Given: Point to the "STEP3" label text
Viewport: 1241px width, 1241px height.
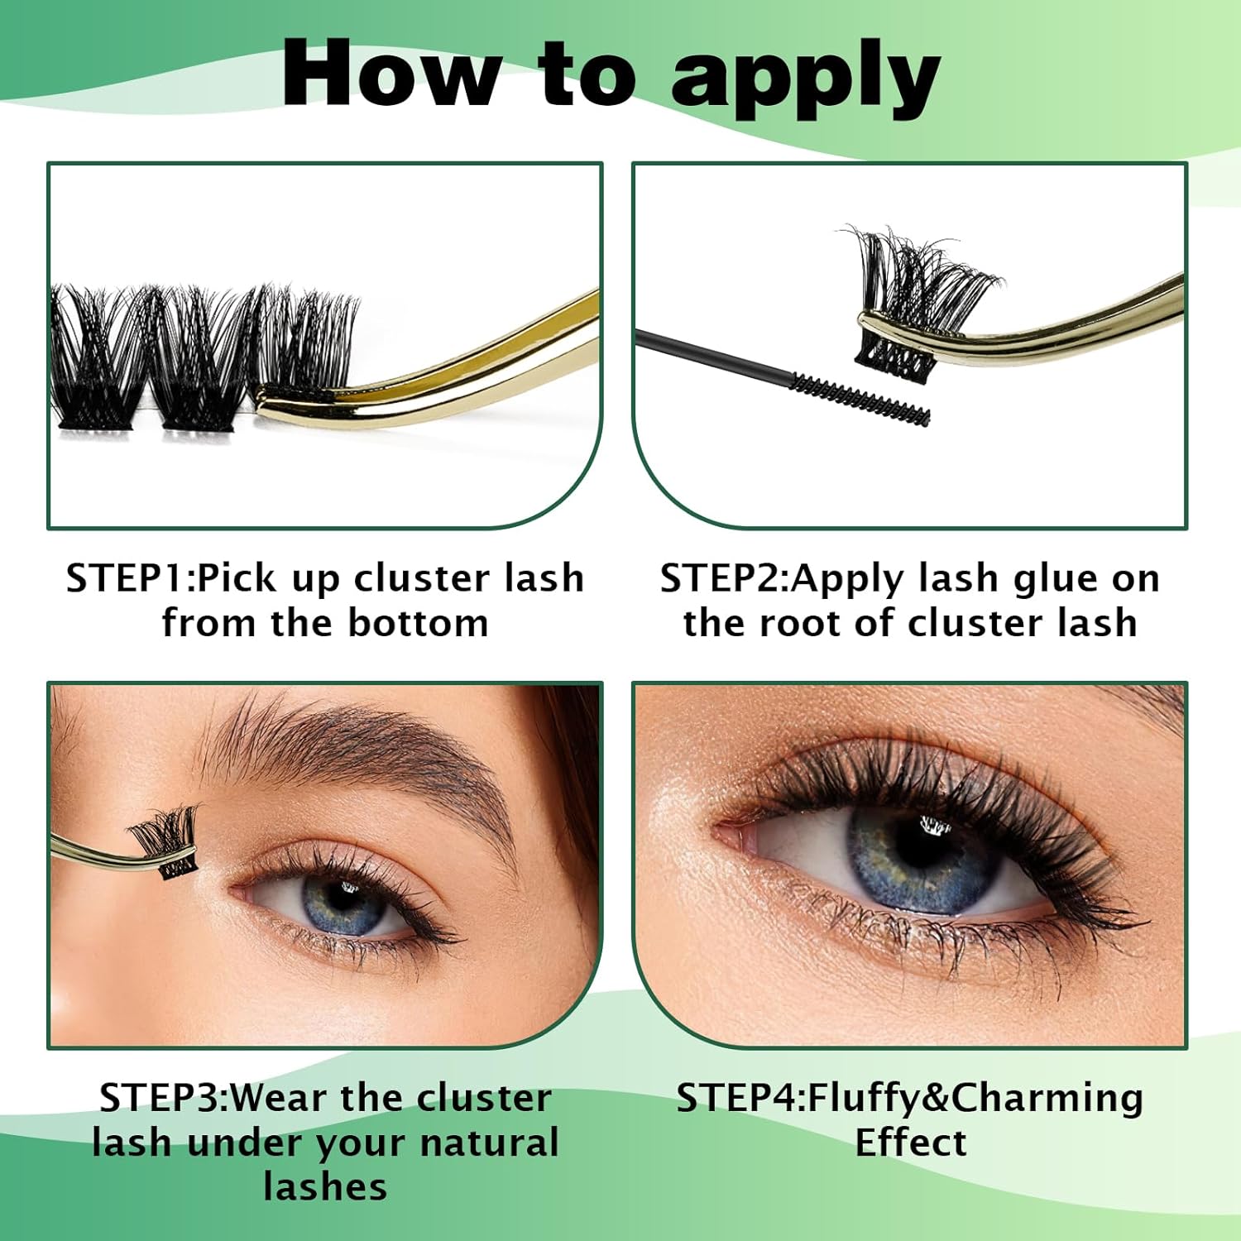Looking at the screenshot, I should [160, 1098].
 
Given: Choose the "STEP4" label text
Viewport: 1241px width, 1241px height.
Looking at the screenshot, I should [736, 1098].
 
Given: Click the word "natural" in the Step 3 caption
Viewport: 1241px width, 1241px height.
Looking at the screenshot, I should [489, 1143].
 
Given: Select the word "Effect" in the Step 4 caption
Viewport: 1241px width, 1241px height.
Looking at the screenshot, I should [910, 1143].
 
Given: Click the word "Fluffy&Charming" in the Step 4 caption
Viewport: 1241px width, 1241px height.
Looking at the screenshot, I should [975, 1098].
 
